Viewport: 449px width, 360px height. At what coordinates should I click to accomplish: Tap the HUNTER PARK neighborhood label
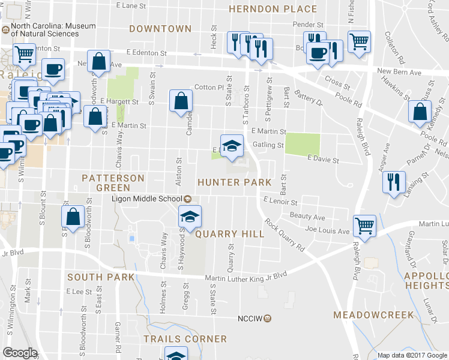coord(235,182)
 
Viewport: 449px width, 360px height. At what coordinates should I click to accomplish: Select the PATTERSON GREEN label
coord(113,183)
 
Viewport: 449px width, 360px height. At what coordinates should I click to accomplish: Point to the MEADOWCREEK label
coord(373,315)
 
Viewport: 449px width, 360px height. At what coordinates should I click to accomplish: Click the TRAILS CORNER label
coord(185,339)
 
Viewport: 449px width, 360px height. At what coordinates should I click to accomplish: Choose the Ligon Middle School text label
coord(146,199)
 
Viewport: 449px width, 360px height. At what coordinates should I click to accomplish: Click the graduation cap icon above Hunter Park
coord(232,145)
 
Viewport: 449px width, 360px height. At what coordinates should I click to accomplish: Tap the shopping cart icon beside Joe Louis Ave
coord(364,226)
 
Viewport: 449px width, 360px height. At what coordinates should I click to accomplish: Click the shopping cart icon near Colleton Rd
coord(360,41)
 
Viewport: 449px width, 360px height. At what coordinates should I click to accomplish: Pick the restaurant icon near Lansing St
coord(394,181)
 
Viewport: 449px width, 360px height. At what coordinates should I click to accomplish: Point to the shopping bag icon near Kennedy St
coord(420,112)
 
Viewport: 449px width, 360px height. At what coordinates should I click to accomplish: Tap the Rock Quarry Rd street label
coord(285,237)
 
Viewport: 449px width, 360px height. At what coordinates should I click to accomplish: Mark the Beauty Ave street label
coord(307,217)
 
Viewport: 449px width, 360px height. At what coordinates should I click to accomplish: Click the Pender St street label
coord(308,25)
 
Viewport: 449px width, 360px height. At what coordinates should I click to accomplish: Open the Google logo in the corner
coord(19,353)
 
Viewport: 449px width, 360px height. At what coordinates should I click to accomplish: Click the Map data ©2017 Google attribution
coord(411,355)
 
